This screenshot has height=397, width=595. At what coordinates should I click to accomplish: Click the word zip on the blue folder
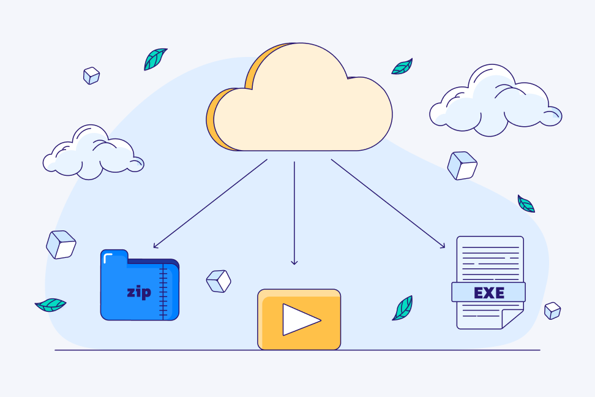[x=139, y=292]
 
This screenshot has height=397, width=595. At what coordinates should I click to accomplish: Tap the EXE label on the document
[x=488, y=292]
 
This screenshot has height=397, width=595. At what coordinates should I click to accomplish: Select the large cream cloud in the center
[x=299, y=97]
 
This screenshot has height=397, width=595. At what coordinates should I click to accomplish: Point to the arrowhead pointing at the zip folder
[x=155, y=246]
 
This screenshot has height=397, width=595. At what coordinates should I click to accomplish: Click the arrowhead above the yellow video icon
[x=294, y=262]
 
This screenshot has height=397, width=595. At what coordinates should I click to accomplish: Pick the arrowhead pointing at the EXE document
[x=443, y=246]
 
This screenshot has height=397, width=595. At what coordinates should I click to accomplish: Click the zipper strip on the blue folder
[x=163, y=290]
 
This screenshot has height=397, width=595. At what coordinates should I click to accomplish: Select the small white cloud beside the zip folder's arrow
[x=93, y=153]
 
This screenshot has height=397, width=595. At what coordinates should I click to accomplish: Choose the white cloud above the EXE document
[x=496, y=100]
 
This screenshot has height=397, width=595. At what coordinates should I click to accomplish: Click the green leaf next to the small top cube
[x=155, y=59]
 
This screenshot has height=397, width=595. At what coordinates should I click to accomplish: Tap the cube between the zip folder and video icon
[x=219, y=281]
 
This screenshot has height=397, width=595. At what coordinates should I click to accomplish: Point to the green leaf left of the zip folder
[x=50, y=304]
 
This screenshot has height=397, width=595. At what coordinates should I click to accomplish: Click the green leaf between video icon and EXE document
[x=403, y=308]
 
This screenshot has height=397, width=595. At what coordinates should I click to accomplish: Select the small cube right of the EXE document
[x=553, y=311]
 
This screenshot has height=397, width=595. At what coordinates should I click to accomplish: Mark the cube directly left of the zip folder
[x=61, y=244]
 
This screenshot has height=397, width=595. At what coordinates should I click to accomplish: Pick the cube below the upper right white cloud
[x=462, y=165]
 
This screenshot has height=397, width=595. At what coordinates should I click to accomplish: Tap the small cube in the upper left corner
[x=91, y=75]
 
